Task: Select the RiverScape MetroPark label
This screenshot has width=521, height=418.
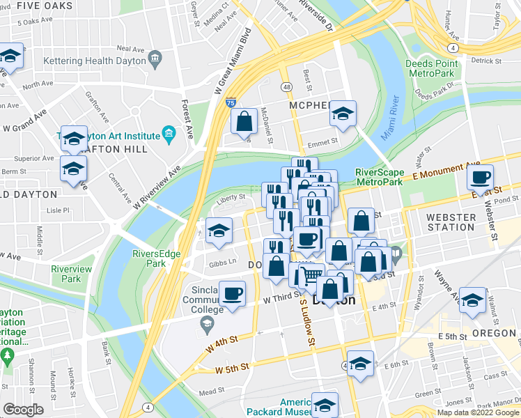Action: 380,177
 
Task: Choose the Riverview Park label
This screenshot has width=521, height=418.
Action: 71,274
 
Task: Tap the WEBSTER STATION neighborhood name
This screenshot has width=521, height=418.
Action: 451,222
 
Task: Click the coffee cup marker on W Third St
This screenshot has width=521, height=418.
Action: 233,293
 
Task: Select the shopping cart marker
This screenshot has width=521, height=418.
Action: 311,275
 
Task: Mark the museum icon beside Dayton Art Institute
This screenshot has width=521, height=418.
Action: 168,133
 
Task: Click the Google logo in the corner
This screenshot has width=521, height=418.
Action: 23,410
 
